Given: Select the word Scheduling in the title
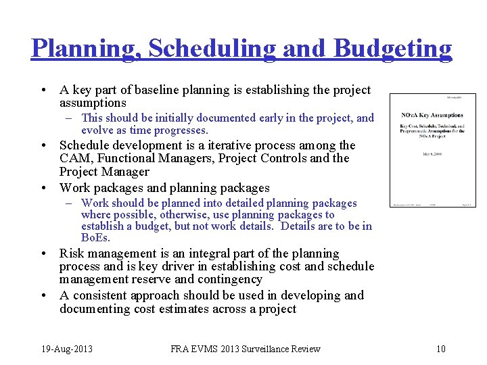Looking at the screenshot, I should click(x=212, y=49).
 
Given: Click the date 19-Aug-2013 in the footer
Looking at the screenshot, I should click(x=66, y=349).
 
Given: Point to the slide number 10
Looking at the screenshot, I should click(x=440, y=349).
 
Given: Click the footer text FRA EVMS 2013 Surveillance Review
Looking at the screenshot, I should click(x=246, y=349).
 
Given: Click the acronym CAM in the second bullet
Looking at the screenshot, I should click(x=76, y=158).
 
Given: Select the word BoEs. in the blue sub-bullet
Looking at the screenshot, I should click(x=95, y=238).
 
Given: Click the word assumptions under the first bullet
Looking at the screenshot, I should click(x=93, y=103).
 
